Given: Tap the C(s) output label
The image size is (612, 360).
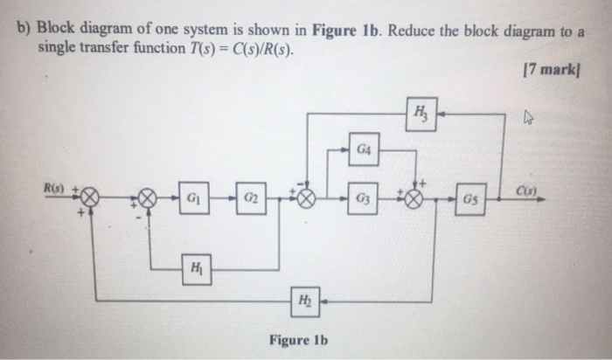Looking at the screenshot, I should pyautogui.click(x=526, y=188).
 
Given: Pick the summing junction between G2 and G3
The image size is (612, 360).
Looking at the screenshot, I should pyautogui.click(x=303, y=198).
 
